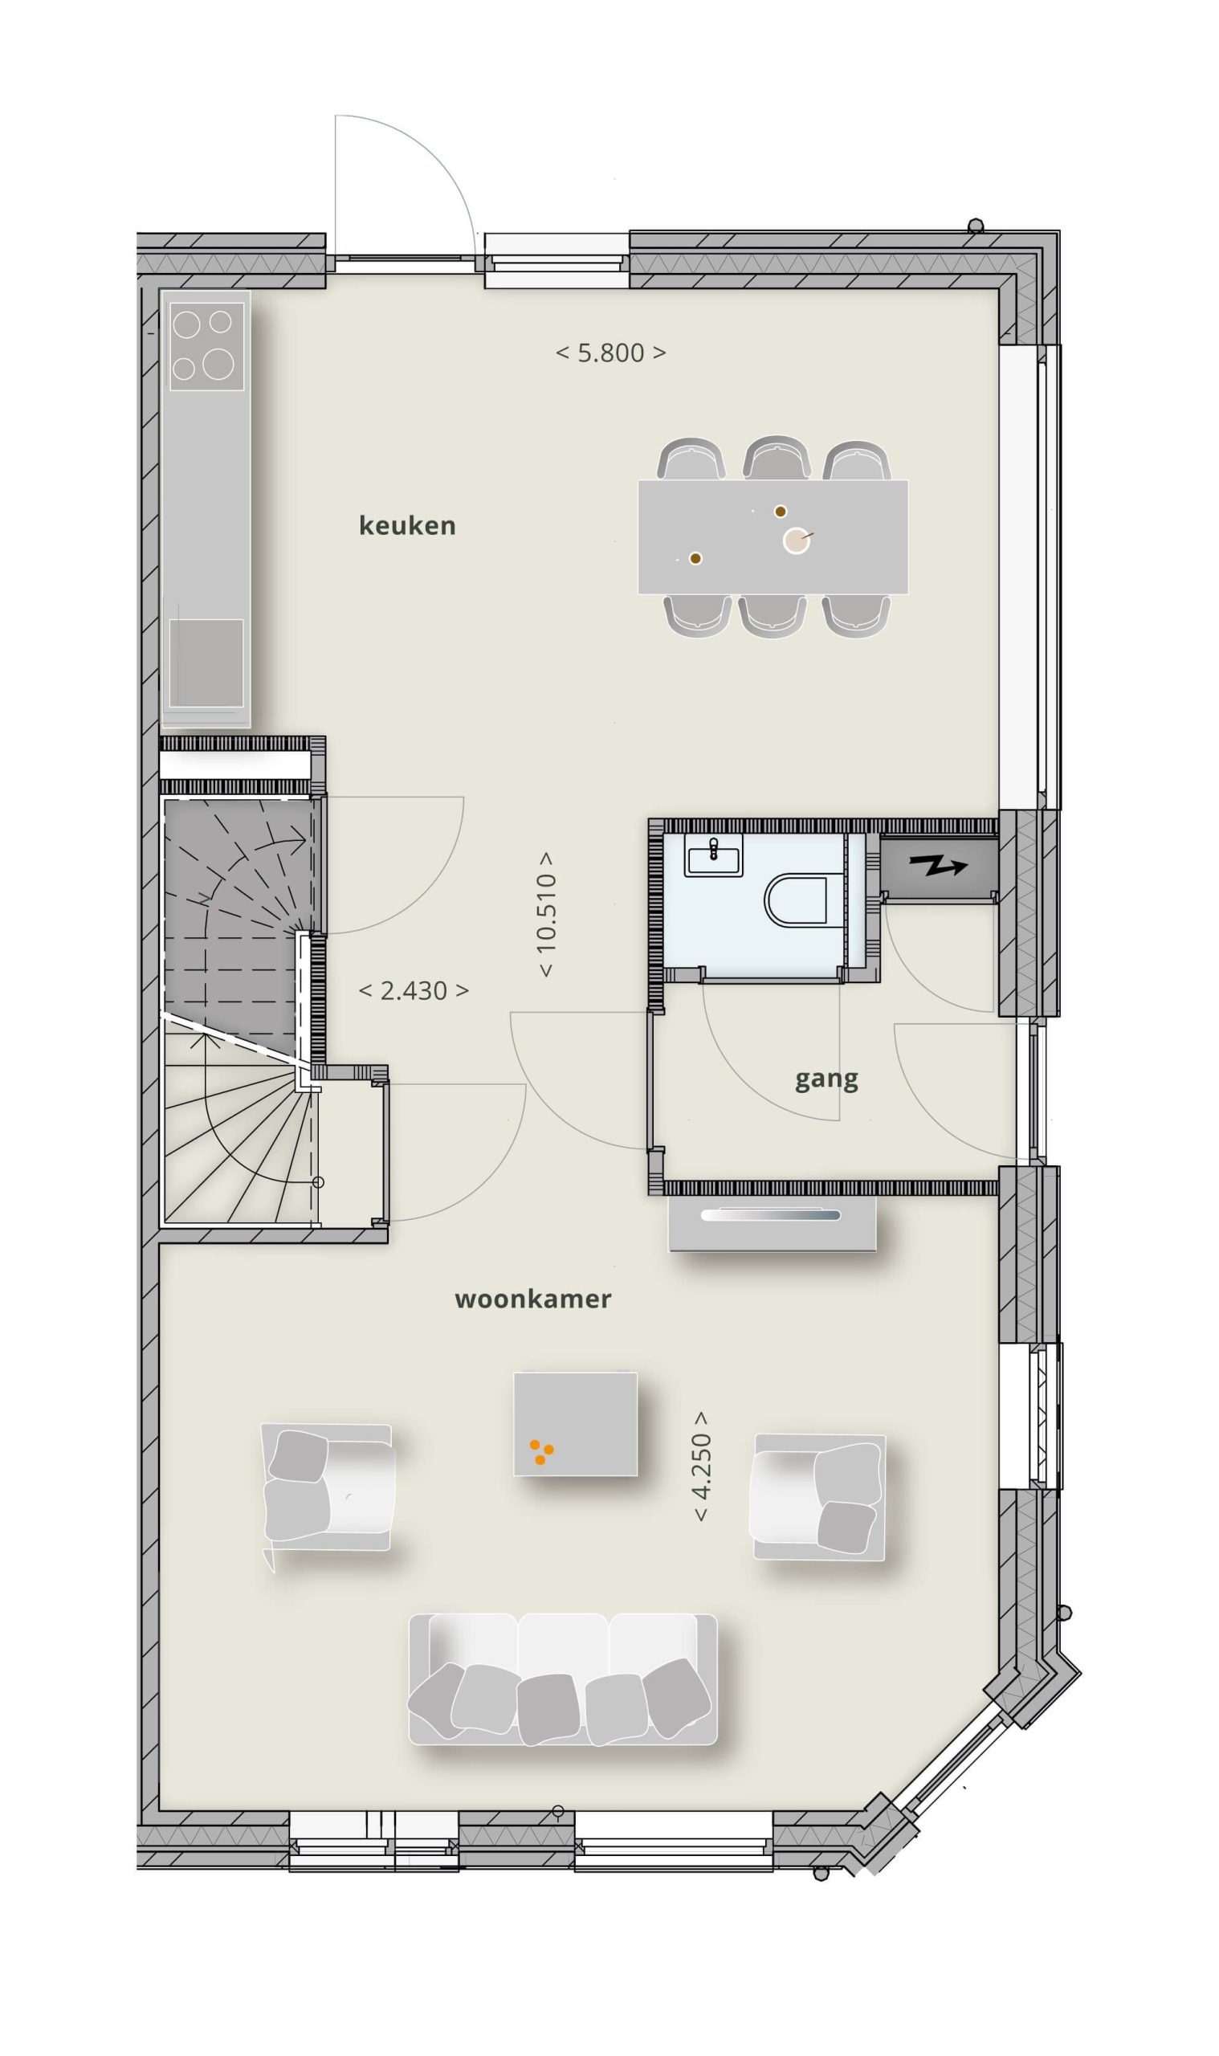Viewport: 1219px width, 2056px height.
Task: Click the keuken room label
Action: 407,526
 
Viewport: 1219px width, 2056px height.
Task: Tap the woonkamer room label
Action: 533,1299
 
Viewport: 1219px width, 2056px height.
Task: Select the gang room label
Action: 826,1079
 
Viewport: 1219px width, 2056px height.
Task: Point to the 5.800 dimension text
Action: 611,353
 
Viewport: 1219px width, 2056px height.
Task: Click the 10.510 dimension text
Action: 546,913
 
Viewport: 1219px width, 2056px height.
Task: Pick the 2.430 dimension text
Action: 414,990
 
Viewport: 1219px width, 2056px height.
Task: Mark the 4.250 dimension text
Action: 702,1467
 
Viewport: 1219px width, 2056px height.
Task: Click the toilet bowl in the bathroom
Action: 796,900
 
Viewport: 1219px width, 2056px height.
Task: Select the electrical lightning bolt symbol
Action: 938,865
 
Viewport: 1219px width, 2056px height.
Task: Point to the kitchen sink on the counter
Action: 206,663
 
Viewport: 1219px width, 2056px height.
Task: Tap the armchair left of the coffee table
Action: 328,1488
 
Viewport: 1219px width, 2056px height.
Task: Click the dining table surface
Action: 773,537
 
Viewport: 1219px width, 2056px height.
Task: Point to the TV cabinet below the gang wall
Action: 773,1223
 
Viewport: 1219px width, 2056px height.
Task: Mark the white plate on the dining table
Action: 796,541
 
